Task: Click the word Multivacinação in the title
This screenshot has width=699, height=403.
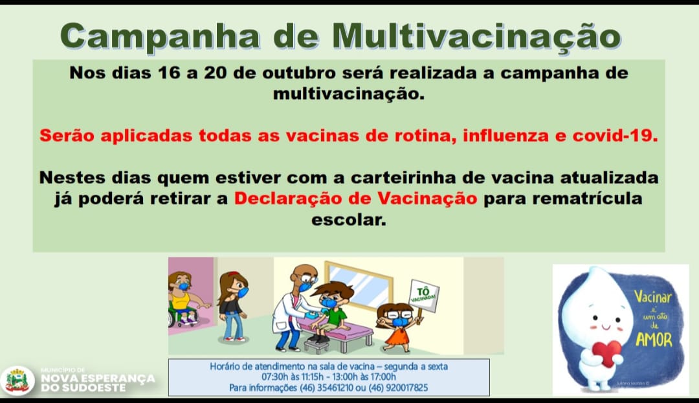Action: coord(476,36)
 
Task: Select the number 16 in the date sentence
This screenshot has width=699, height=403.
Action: coord(168,73)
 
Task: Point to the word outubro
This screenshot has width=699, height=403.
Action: coord(298,73)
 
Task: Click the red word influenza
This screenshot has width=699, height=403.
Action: coord(505,135)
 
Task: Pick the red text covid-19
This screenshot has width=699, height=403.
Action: coord(616,135)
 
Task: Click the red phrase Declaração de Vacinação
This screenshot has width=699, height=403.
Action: coord(355,199)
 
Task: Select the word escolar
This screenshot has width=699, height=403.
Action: coord(349,219)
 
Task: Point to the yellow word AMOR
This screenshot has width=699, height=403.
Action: coord(654,340)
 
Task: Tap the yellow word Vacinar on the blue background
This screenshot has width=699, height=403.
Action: coord(652,296)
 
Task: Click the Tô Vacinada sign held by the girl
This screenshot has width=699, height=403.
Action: coord(423,295)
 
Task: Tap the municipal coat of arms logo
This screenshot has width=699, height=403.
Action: coord(17,381)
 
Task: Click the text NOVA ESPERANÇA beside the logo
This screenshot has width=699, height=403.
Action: coord(98,378)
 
